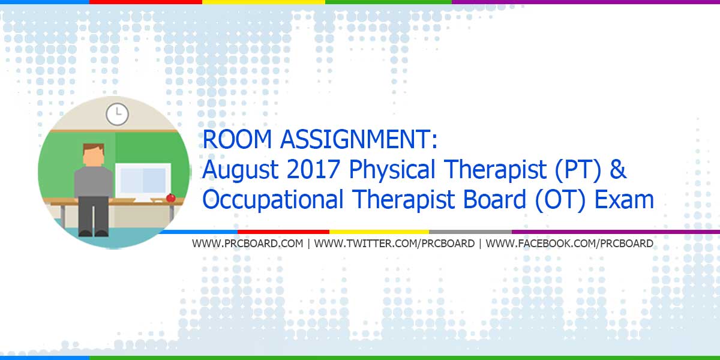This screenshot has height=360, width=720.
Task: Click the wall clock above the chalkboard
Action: (x=118, y=114)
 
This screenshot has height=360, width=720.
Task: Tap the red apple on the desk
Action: (x=170, y=197)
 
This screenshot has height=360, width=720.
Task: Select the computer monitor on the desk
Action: (x=143, y=182)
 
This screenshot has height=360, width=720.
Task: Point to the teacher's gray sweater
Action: (x=94, y=182)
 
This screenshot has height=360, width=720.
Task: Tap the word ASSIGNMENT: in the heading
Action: (x=359, y=139)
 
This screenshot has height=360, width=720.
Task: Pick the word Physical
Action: (x=392, y=170)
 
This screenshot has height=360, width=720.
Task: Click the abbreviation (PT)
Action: (x=578, y=170)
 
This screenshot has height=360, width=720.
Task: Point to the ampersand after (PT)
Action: (x=618, y=169)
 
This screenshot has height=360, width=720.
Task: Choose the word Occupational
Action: (x=273, y=200)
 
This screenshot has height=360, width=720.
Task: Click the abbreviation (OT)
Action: (x=560, y=200)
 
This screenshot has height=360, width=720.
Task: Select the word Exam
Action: (x=624, y=199)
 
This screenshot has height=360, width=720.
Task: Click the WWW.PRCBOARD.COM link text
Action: (x=247, y=244)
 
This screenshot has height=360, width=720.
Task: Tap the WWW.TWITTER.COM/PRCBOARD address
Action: (x=394, y=244)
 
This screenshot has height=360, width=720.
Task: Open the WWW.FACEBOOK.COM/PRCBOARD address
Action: (x=569, y=244)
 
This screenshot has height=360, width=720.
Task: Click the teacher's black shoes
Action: (x=94, y=233)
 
